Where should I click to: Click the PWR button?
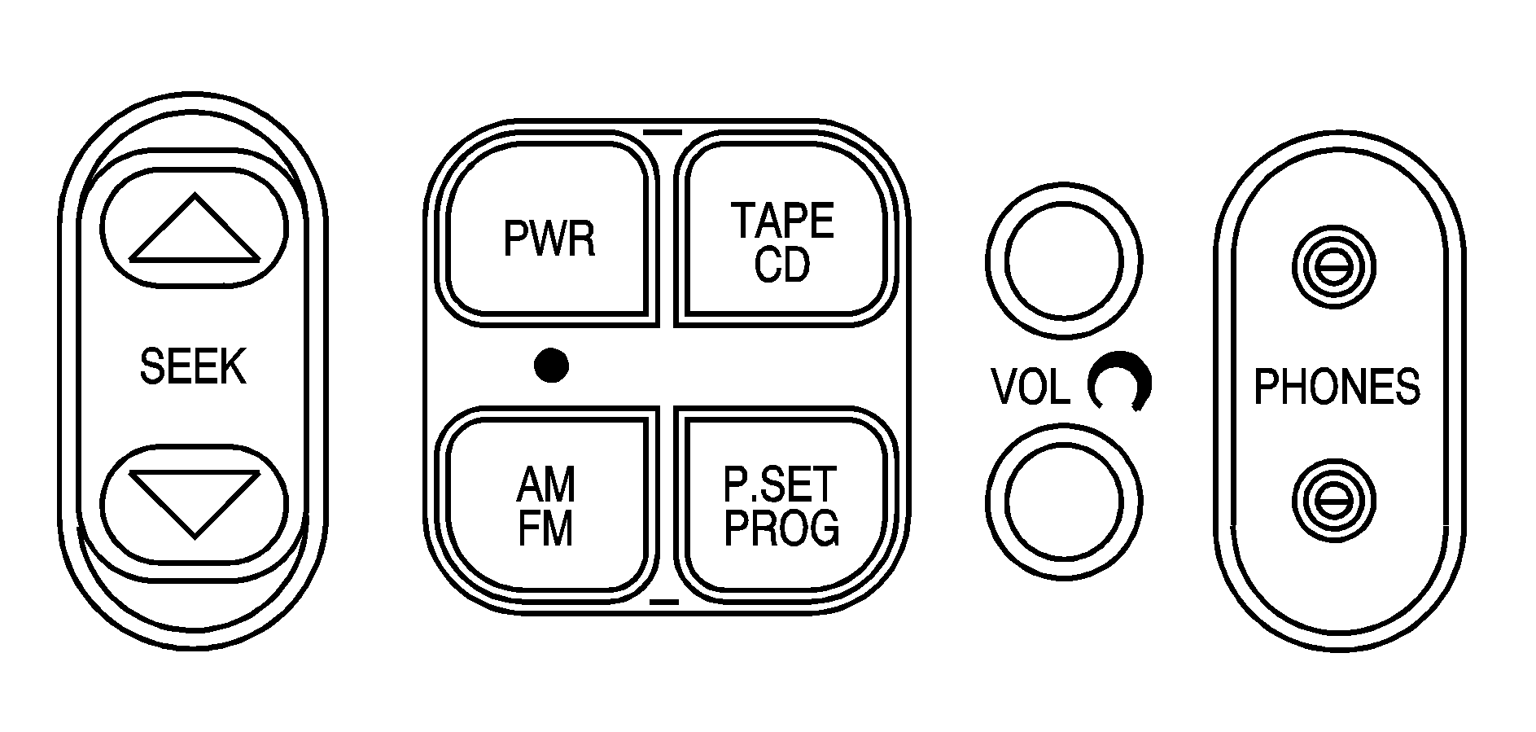[549, 236]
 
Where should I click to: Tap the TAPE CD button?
[782, 236]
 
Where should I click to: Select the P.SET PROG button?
[782, 505]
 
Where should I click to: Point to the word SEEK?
[193, 366]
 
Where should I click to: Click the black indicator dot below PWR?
[551, 366]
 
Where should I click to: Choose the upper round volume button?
[1063, 261]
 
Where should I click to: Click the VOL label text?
[1031, 388]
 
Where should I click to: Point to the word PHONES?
[1337, 387]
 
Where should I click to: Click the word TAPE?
[782, 220]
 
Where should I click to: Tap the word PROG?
[782, 528]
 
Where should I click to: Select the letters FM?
[545, 528]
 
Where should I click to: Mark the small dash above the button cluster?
[661, 130]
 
